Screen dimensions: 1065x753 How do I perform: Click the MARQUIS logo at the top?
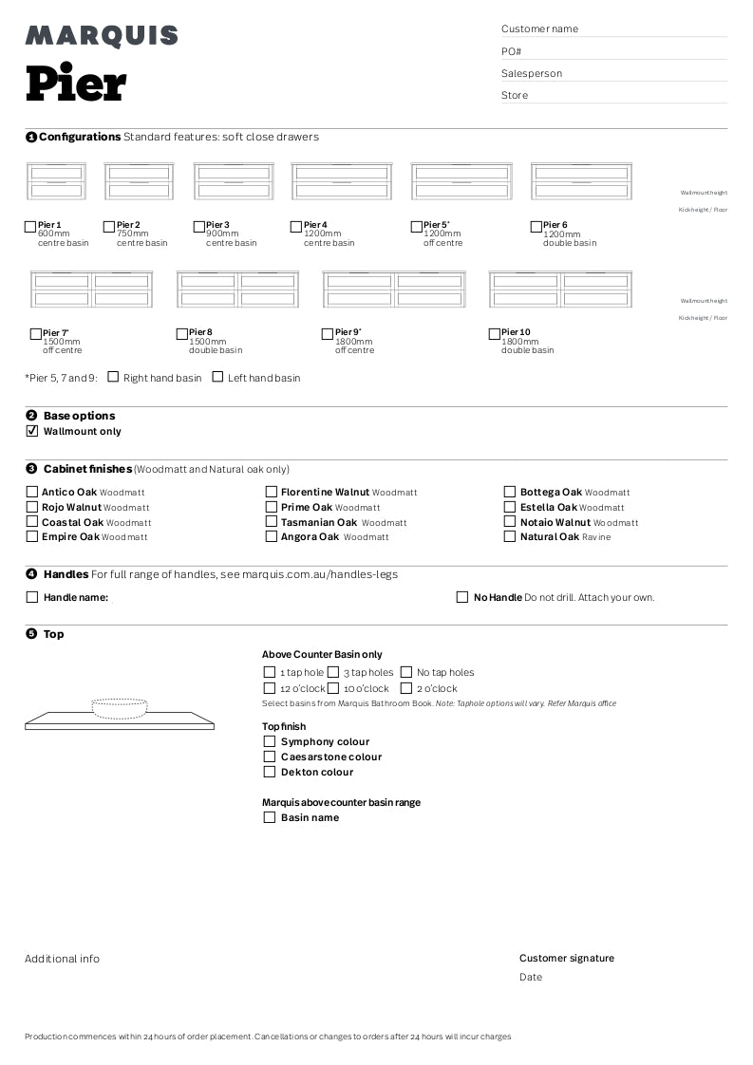click(102, 36)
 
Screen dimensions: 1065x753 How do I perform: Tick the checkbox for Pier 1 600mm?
click(30, 227)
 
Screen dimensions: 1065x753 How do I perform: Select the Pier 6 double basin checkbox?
click(537, 227)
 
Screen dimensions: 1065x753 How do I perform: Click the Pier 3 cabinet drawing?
click(234, 180)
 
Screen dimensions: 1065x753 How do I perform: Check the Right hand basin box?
click(113, 377)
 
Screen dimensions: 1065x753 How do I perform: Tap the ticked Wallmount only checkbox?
click(32, 431)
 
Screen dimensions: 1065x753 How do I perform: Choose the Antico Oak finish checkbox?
click(32, 492)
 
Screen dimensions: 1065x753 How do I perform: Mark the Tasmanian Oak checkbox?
click(272, 522)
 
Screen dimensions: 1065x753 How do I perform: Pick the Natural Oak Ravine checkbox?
click(510, 536)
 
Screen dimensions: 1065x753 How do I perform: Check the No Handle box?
click(462, 597)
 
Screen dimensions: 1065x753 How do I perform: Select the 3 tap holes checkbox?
click(333, 672)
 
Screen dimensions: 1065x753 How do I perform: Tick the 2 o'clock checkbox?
click(406, 688)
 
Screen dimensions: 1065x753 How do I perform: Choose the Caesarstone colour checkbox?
click(270, 757)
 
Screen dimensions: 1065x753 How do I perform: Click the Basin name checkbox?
click(270, 817)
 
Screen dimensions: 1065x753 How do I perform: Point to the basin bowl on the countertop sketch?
click(120, 707)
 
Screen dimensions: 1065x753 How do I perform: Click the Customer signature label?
click(566, 958)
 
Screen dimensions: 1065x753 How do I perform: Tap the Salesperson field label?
click(532, 73)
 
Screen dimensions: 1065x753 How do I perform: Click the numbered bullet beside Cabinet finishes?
click(31, 469)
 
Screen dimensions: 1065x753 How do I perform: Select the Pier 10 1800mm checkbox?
click(495, 334)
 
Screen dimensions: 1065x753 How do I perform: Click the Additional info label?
click(62, 959)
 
